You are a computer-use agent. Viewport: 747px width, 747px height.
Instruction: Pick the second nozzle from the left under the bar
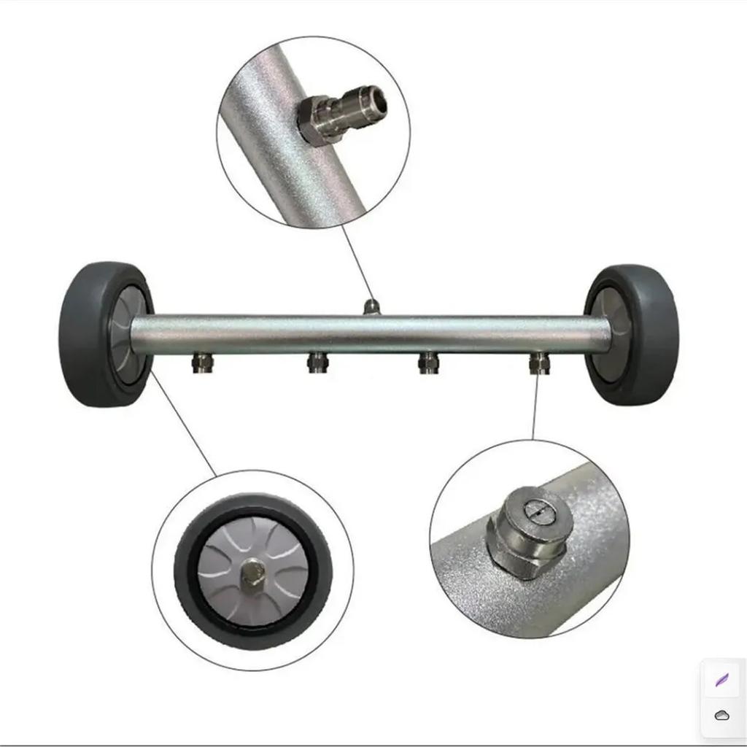point(317,362)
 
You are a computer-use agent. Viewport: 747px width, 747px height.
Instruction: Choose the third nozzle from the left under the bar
point(428,362)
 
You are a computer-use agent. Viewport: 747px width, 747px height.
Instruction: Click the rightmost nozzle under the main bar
point(539,362)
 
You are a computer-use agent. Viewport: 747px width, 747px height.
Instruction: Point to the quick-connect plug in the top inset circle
point(343,113)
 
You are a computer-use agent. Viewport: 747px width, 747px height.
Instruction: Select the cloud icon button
point(721,716)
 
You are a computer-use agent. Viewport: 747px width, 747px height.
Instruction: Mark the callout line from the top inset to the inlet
point(355,263)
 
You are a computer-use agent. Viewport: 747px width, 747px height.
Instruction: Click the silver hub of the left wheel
point(125,332)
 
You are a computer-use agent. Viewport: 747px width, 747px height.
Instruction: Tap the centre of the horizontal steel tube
point(371,334)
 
